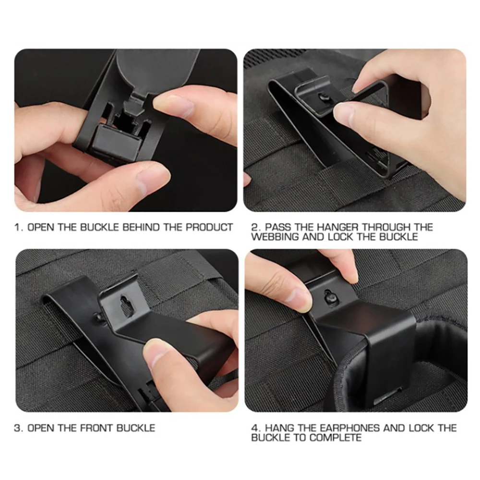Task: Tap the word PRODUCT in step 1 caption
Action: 209,228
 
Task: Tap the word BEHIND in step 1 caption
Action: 141,228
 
